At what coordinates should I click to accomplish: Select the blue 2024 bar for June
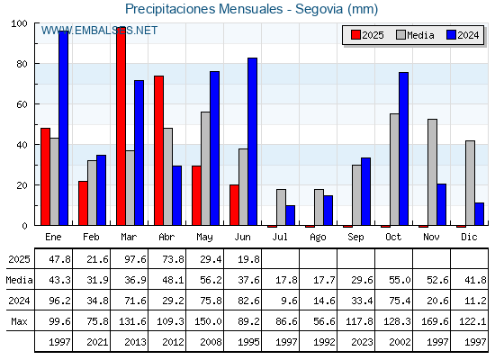(252, 142)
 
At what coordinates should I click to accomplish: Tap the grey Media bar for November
(432, 172)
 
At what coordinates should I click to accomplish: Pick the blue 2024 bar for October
(404, 148)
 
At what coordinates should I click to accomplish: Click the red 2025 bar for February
(83, 203)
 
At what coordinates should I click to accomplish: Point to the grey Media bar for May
(205, 168)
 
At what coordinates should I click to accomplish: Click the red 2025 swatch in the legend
(355, 35)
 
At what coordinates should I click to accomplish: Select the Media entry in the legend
(415, 35)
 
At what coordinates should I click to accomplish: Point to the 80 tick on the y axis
(37, 64)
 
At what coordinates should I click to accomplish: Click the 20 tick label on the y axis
(22, 185)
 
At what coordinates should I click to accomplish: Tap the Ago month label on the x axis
(318, 238)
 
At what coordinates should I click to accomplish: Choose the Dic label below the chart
(469, 237)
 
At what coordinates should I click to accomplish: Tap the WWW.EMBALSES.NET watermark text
(99, 31)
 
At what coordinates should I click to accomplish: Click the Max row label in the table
(19, 321)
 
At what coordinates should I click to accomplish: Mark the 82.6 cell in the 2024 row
(248, 301)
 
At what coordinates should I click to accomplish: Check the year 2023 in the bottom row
(362, 342)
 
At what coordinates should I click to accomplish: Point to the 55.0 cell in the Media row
(400, 280)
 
